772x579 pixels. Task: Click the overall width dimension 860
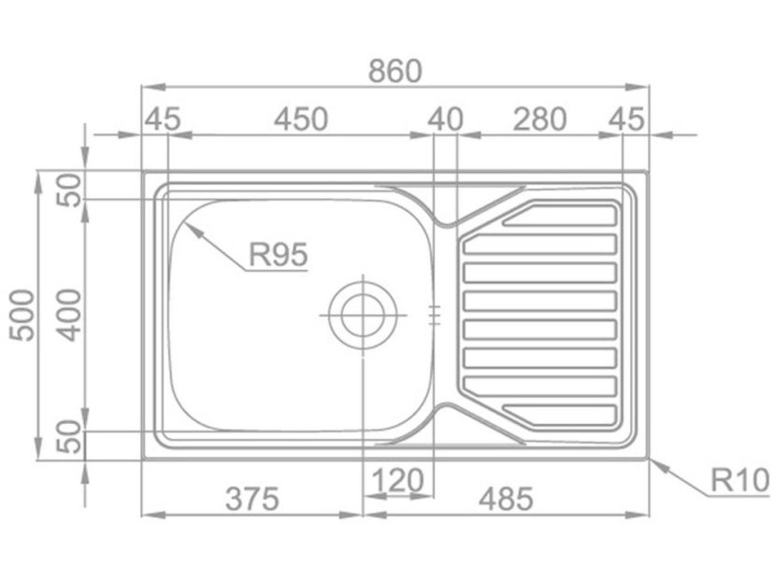tap(394, 71)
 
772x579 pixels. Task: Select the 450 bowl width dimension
tap(300, 120)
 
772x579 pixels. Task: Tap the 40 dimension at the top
tap(445, 120)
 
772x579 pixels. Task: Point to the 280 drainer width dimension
tap(539, 120)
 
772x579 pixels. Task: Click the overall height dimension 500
tap(23, 316)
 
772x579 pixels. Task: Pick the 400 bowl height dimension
tap(68, 316)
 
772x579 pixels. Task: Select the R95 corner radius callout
tap(279, 254)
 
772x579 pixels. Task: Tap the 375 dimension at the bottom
tap(252, 499)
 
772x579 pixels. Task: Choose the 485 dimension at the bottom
tap(506, 499)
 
